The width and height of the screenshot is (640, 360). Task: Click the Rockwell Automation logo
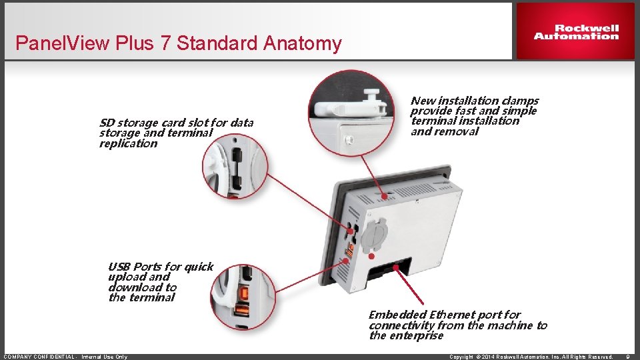click(x=576, y=32)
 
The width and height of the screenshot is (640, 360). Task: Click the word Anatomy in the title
click(x=302, y=44)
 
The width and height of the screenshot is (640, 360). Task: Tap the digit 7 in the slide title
click(x=165, y=43)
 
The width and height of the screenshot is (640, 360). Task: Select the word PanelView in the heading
click(x=63, y=43)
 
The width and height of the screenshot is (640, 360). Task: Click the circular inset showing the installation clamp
click(x=351, y=113)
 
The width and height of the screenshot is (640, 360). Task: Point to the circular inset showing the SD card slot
click(x=235, y=167)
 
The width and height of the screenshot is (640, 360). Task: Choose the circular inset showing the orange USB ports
click(x=243, y=297)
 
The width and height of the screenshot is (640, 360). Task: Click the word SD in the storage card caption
click(x=107, y=123)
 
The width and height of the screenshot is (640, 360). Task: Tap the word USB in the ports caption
click(x=119, y=267)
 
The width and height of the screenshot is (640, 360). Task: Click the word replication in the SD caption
click(x=128, y=144)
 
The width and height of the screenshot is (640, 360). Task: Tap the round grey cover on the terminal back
click(x=374, y=235)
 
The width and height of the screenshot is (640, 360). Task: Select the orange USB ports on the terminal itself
click(x=349, y=250)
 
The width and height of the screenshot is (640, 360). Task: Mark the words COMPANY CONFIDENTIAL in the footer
click(x=39, y=357)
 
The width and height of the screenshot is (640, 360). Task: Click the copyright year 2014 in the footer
click(x=488, y=357)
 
